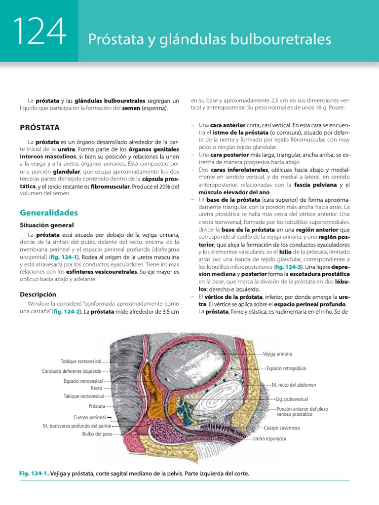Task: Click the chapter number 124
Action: coord(39,32)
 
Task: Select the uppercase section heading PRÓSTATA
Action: coord(39,127)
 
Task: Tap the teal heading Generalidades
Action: coord(49,213)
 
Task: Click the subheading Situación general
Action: coord(46,225)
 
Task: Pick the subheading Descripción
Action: coord(38,294)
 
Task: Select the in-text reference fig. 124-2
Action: coord(69,312)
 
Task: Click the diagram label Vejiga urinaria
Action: coord(277,354)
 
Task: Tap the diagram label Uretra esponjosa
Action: coord(269,438)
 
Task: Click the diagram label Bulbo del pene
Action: coord(98,434)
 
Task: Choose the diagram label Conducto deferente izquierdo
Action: coord(72,371)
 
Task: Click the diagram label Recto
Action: coord(96,388)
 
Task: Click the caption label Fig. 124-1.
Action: coord(34,473)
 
